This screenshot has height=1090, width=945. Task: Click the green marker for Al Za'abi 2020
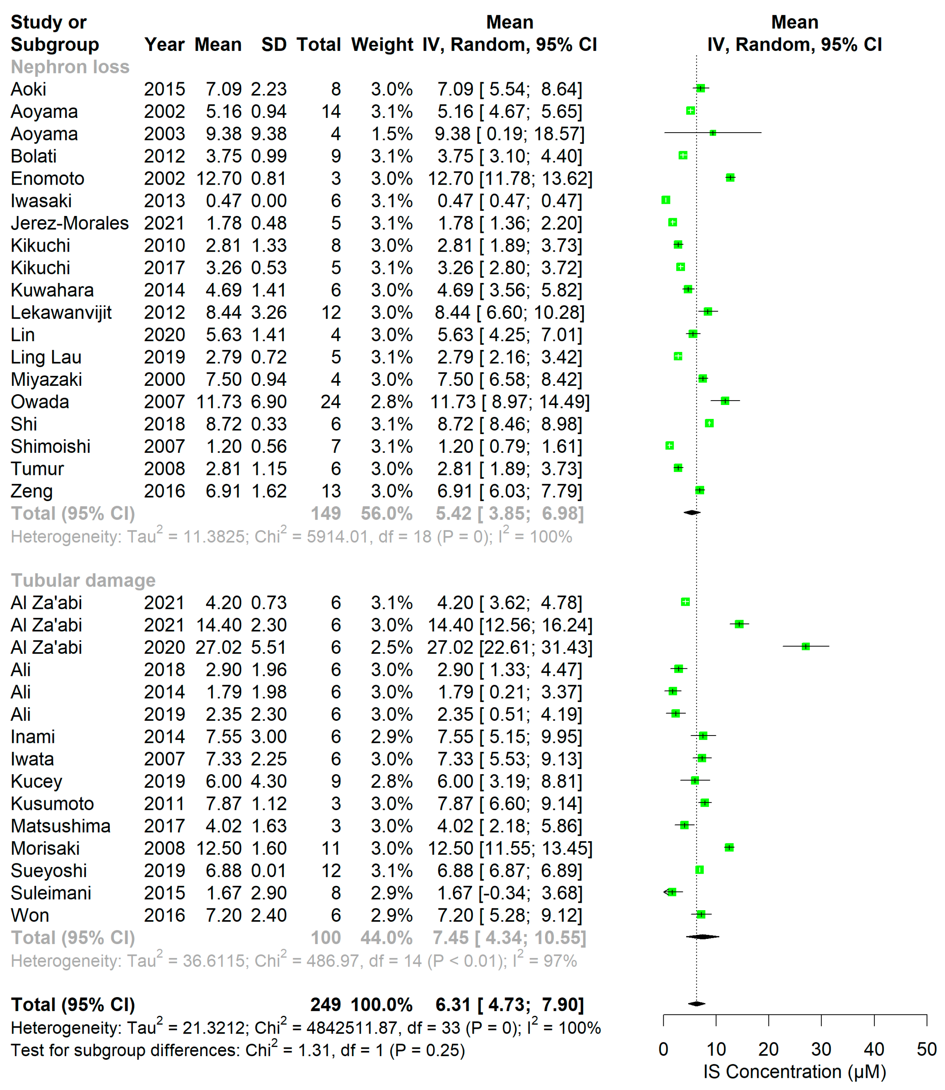coord(805,646)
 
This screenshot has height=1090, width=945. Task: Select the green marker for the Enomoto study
coord(730,178)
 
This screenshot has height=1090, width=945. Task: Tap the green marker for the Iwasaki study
coord(666,200)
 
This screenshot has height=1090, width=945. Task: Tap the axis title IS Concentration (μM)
coord(795,1072)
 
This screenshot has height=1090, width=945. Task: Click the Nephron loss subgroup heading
coord(70,67)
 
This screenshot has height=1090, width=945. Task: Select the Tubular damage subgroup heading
coord(83,580)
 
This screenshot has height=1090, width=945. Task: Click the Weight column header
coord(382,45)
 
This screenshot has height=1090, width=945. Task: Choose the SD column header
coord(274,45)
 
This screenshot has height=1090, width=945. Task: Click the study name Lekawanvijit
coord(61,312)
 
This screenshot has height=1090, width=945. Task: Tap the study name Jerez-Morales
coord(70,223)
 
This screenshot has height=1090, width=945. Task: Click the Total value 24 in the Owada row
coord(331,402)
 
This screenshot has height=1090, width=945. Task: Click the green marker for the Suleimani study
coord(672,892)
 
